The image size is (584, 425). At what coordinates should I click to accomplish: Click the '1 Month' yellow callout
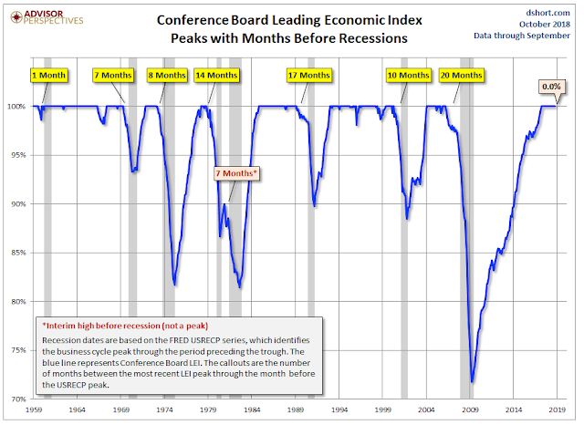point(47,74)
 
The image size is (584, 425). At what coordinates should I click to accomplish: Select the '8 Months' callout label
point(168,74)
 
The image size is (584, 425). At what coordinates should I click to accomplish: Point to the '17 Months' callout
point(308,74)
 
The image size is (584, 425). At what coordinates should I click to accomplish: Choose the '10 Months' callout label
point(408,74)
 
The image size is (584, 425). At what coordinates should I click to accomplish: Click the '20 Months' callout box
point(461,74)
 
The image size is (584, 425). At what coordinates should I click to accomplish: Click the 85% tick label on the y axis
point(18,253)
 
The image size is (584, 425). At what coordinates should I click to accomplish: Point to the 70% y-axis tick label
point(18,399)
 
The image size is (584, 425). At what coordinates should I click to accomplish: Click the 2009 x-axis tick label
point(467,411)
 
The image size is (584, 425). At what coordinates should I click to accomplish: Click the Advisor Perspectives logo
point(46,16)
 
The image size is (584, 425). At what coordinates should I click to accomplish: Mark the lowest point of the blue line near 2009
point(471,382)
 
